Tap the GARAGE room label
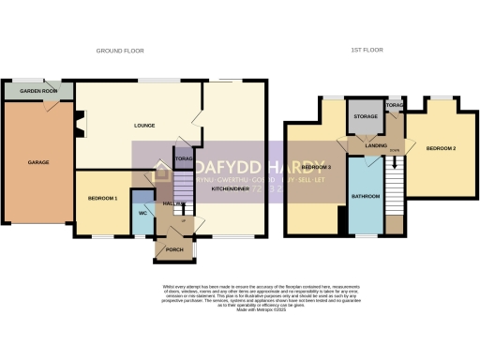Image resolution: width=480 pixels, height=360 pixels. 24,163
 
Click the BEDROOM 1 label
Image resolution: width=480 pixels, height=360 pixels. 102,199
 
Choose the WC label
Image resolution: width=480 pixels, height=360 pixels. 142,213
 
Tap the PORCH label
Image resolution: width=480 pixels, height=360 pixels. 175,250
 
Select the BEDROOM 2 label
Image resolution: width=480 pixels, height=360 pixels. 441,149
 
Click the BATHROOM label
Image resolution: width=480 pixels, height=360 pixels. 366,197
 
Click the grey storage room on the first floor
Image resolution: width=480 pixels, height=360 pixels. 364,122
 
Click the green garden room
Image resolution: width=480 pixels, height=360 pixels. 37,90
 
